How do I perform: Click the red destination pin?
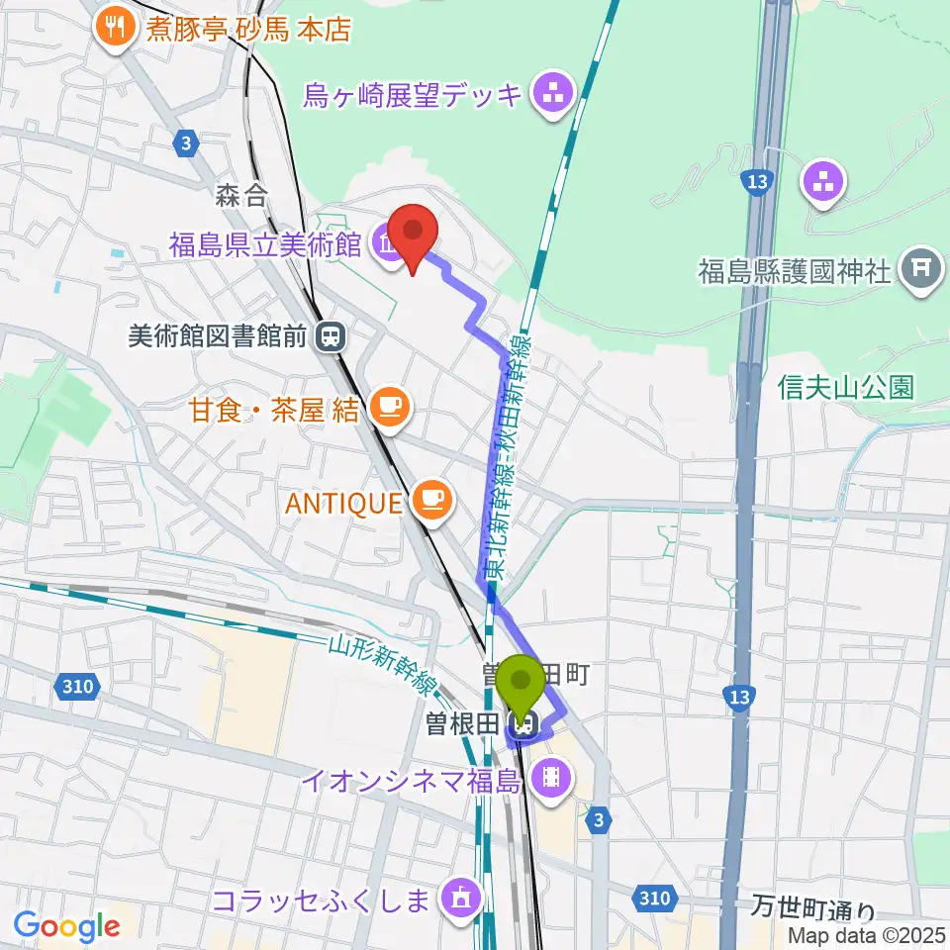pos(413,236)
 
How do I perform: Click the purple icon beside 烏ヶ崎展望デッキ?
pos(547,95)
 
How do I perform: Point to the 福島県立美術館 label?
pos(264,244)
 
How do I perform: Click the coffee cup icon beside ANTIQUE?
pos(432,501)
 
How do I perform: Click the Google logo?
pos(66,926)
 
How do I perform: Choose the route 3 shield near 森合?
pos(185,143)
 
